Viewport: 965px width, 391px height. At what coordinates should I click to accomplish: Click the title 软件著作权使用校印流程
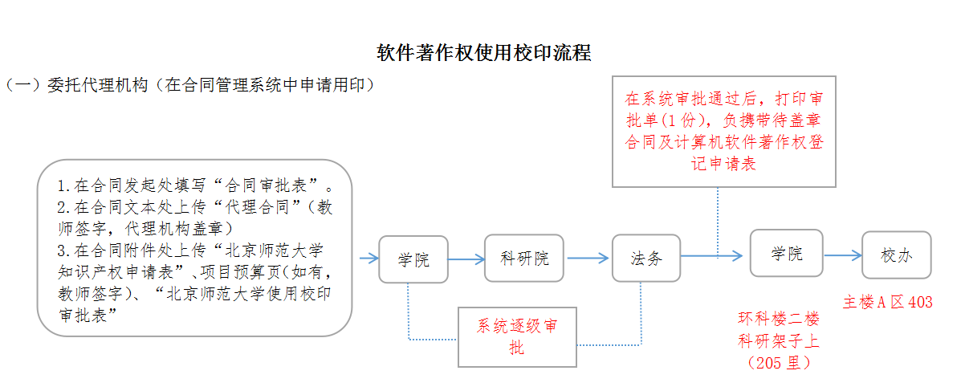pos(484,53)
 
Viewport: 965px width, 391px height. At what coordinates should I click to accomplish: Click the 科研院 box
pos(524,259)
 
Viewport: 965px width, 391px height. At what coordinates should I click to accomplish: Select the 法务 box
pos(646,259)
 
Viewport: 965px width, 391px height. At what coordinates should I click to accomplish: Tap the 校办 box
pos(896,255)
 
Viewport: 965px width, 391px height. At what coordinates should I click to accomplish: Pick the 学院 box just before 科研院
pos(413,259)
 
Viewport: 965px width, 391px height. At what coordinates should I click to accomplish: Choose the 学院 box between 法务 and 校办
pos(787,254)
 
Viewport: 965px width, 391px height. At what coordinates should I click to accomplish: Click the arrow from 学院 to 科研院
pos(466,259)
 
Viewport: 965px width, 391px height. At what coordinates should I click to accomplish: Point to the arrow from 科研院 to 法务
pos(588,259)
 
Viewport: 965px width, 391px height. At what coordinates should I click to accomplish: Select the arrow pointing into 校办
pos(843,255)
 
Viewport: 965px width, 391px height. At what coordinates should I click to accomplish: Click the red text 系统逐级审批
pos(518,336)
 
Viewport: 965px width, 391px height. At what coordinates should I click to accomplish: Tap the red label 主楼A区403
pos(887,303)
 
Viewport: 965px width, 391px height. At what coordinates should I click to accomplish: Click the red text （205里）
pos(778,363)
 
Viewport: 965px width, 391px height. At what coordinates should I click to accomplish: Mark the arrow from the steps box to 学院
pos(368,259)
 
